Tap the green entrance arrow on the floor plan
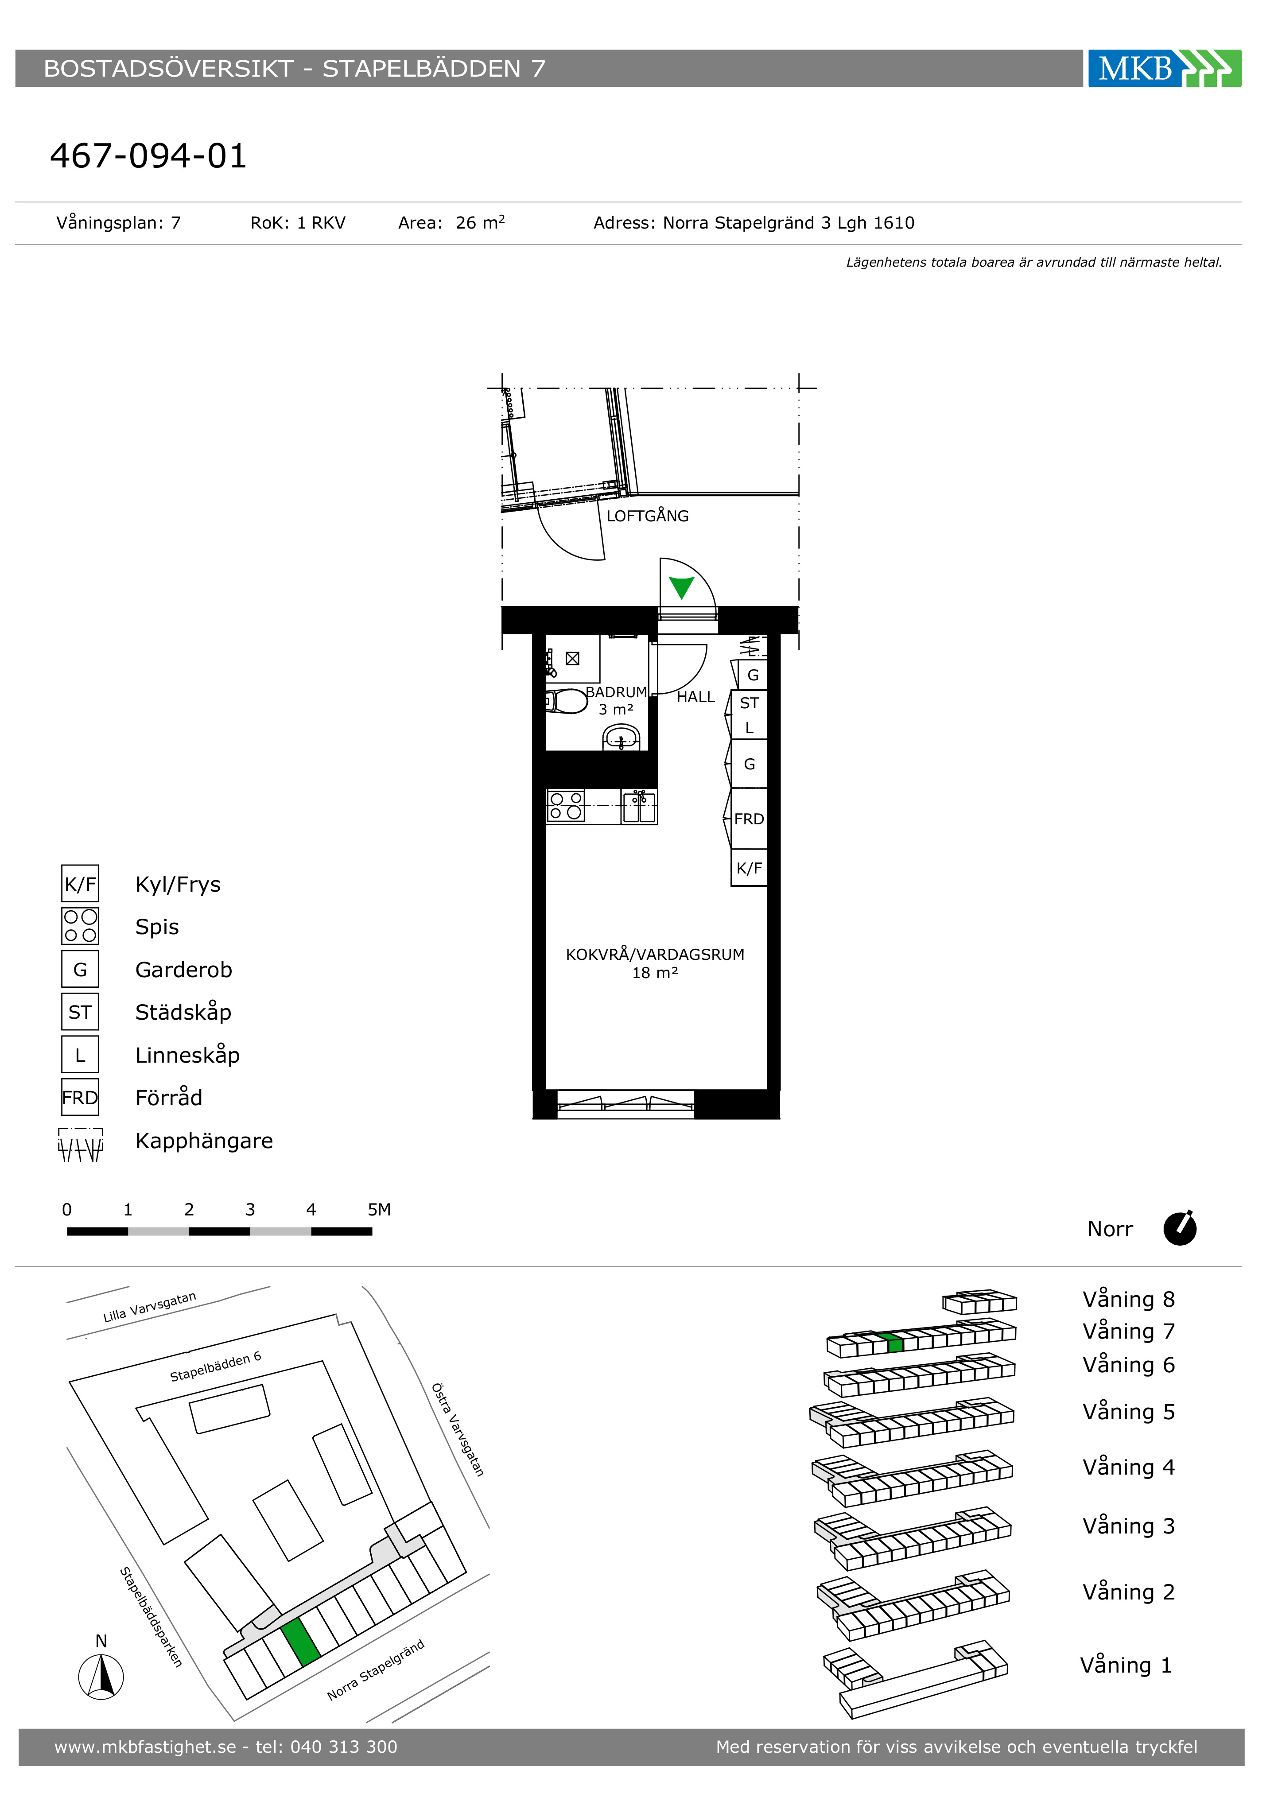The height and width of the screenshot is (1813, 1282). (x=681, y=587)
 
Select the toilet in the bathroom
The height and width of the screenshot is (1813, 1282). (x=566, y=701)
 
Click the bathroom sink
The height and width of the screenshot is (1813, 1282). (x=621, y=738)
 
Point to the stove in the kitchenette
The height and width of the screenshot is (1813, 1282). (x=566, y=805)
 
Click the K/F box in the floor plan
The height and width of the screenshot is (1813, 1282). (x=749, y=868)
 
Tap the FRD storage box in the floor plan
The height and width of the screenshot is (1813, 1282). (x=748, y=819)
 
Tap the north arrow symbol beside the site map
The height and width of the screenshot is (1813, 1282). (x=101, y=1677)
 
